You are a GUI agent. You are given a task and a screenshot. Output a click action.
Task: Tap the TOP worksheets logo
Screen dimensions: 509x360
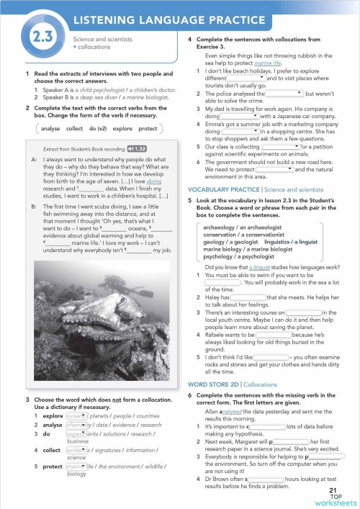pyautogui.click(x=336, y=499)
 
